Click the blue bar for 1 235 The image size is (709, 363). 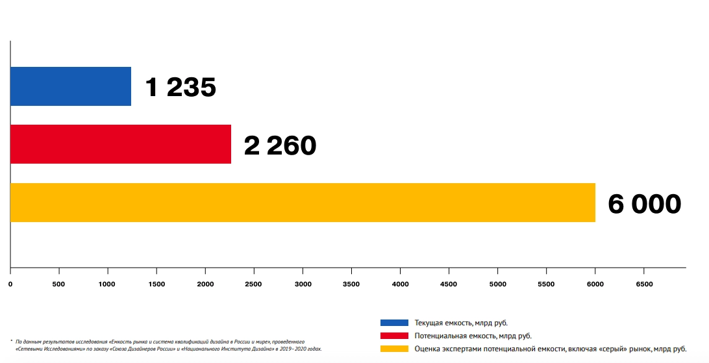click(71, 86)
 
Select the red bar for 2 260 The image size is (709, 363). click(121, 144)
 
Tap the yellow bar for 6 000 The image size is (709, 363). click(303, 203)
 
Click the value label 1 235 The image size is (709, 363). click(180, 87)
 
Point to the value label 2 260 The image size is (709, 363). click(280, 145)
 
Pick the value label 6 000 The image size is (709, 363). click(644, 204)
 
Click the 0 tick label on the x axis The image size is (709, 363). click(10, 284)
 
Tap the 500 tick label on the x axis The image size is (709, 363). click(59, 284)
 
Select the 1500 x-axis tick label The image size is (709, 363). click(156, 284)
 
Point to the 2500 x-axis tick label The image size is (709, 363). click(254, 284)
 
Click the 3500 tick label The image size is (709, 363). click(351, 284)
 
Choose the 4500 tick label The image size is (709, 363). click(449, 284)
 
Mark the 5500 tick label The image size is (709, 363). click(546, 284)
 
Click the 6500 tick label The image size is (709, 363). click(643, 284)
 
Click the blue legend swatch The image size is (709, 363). click(394, 323)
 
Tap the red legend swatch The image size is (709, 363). click(394, 336)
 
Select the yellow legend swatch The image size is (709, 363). click(394, 349)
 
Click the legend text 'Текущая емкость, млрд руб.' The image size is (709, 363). click(461, 323)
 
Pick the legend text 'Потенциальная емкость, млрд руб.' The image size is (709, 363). click(473, 336)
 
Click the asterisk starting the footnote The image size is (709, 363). click(12, 340)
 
